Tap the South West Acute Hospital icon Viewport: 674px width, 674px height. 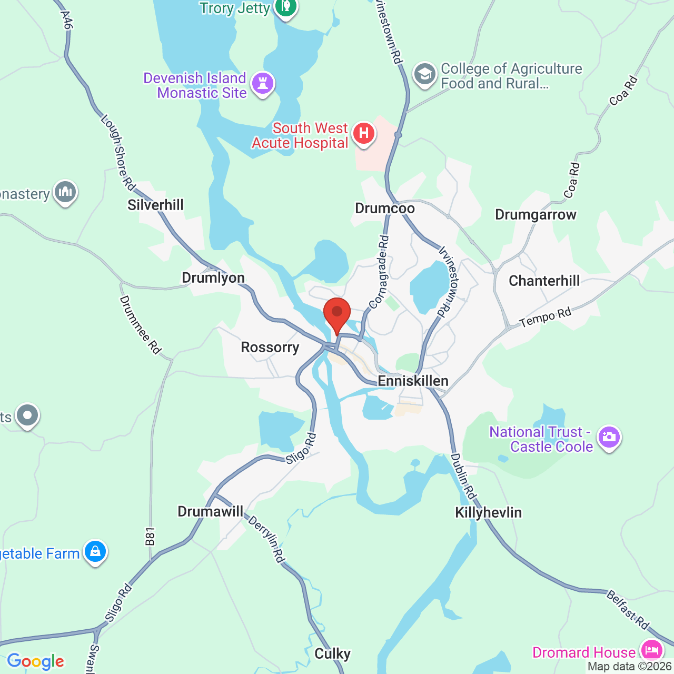coord(363,134)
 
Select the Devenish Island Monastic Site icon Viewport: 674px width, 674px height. coord(262,84)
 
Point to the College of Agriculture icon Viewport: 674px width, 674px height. coord(424,75)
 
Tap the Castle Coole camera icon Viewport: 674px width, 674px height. coord(609,438)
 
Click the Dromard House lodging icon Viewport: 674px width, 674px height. coord(652,651)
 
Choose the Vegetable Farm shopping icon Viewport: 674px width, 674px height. coord(95,552)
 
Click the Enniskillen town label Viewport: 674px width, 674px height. coord(413,381)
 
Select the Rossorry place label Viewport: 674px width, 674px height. coord(270,348)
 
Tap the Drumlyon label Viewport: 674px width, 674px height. coord(213,278)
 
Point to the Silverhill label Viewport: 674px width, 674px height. coord(156,205)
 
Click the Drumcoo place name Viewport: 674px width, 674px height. coord(385,209)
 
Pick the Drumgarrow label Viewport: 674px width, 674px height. coord(536,215)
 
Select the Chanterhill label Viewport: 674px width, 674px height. coord(544,281)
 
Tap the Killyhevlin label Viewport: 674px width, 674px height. coord(488,513)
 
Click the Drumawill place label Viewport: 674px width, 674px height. coord(211,512)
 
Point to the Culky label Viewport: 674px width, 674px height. coord(332,654)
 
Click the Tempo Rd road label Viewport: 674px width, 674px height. coord(545,318)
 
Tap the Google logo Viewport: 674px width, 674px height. coord(36,661)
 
